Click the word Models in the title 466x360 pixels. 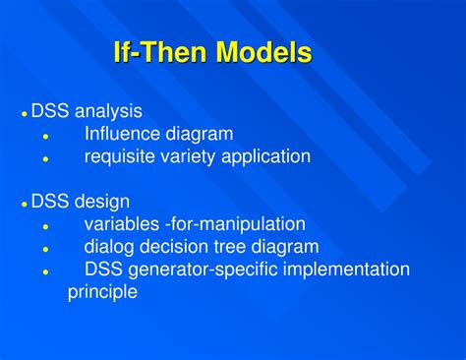[x=258, y=53]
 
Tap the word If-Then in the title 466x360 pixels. [x=156, y=53]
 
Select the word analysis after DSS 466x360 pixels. [x=106, y=111]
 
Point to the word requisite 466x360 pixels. [x=119, y=156]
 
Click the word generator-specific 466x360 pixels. [x=202, y=270]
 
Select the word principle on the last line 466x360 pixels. [x=102, y=292]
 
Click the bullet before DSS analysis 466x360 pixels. [x=24, y=113]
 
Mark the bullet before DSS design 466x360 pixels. [x=24, y=204]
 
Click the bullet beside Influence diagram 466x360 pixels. [x=45, y=136]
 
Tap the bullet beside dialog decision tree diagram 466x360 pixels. [x=45, y=249]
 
